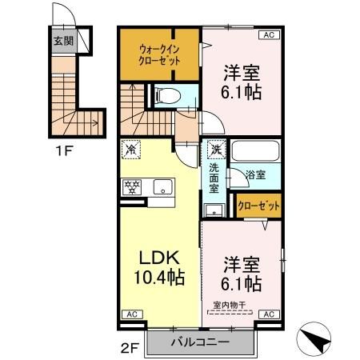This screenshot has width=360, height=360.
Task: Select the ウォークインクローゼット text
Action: pyautogui.click(x=158, y=54)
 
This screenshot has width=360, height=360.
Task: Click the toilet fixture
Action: pyautogui.click(x=166, y=95)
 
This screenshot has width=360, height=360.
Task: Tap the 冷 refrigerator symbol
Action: pyautogui.click(x=131, y=150)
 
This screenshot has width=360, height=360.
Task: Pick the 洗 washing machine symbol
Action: pyautogui.click(x=215, y=150)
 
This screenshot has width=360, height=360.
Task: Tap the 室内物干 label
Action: pyautogui.click(x=231, y=305)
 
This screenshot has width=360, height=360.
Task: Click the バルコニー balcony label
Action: pyautogui.click(x=200, y=342)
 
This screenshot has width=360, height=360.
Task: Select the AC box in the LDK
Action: pyautogui.click(x=130, y=315)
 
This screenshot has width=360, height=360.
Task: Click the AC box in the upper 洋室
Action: pyautogui.click(x=268, y=34)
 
